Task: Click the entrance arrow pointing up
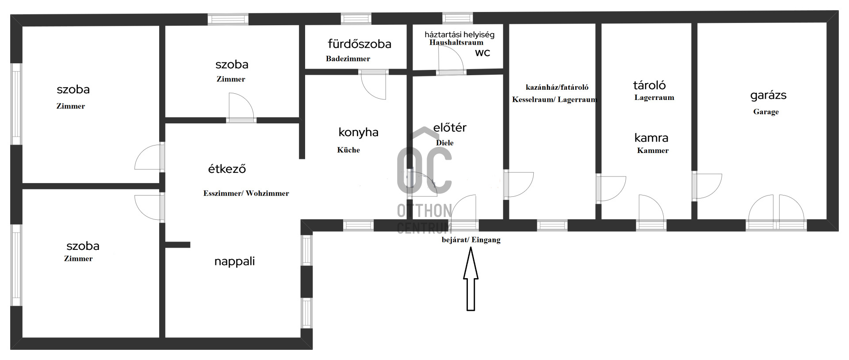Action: point(470,279)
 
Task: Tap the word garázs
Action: point(769,96)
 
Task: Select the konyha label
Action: point(358,132)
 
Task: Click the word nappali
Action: point(234,261)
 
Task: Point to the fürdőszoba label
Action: point(359,44)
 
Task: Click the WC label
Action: point(482,53)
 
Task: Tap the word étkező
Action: point(227,169)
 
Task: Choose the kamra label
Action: point(651,138)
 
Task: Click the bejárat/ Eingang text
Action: point(471,240)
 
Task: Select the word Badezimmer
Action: point(348,59)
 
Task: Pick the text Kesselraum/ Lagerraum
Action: point(555,100)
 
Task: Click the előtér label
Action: point(450,128)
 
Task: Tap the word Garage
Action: point(766,112)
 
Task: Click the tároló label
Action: point(649,85)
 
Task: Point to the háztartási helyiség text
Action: point(459,34)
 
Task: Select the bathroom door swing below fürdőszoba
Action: point(374,85)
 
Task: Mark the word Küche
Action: point(348,150)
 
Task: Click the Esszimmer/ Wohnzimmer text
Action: point(246,193)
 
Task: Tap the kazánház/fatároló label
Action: point(557,88)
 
